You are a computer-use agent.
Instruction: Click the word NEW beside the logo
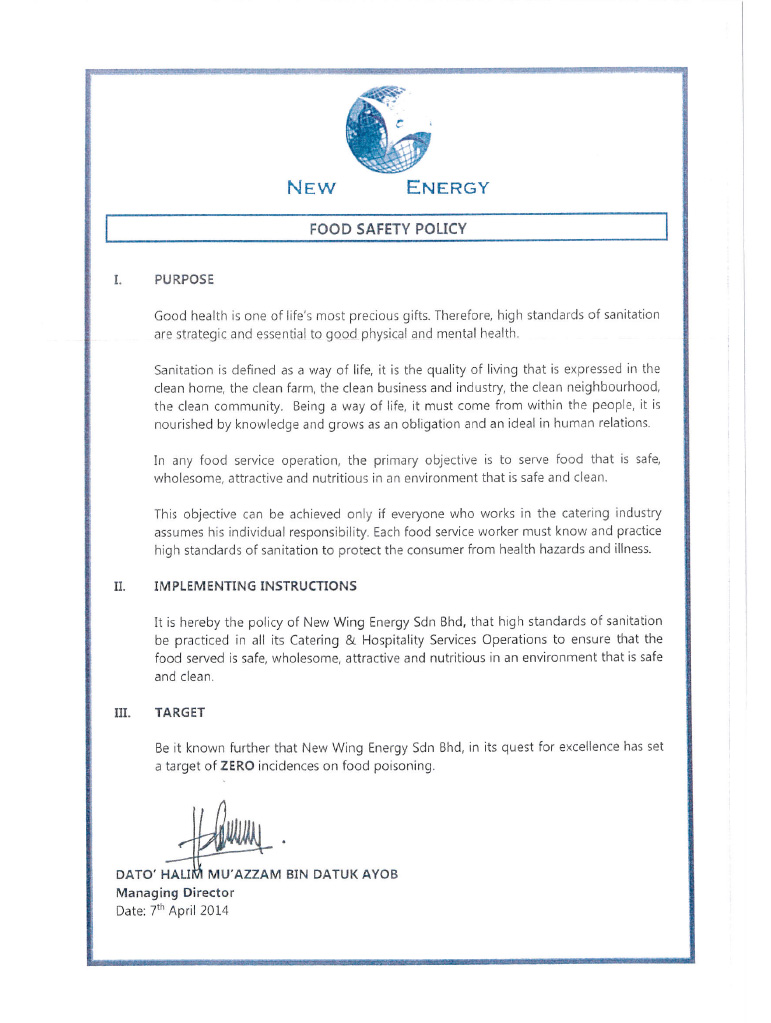point(311,188)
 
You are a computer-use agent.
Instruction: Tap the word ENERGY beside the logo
point(448,188)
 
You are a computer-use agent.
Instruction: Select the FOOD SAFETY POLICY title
point(387,229)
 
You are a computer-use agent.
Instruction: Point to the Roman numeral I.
point(117,279)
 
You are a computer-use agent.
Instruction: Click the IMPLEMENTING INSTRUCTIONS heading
point(255,585)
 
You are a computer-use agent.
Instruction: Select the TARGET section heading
point(180,712)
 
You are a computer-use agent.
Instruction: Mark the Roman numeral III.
point(121,712)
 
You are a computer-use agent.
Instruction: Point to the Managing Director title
point(175,892)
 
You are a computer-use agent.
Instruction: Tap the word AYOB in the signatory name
point(379,874)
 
